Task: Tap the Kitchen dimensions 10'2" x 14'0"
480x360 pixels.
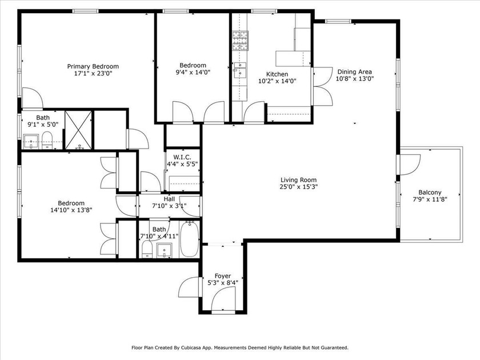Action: (277, 81)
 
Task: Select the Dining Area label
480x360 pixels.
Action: (354, 71)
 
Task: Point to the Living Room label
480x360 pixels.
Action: (298, 179)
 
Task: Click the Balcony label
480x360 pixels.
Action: (430, 193)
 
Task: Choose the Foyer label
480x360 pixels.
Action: (222, 275)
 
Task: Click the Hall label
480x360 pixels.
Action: (169, 199)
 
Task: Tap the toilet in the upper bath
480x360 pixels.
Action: (48, 138)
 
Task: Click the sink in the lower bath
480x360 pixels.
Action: (165, 250)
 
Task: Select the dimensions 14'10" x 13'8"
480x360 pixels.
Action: (71, 210)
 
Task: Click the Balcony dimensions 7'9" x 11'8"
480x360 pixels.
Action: (430, 199)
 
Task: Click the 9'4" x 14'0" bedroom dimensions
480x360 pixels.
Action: (193, 73)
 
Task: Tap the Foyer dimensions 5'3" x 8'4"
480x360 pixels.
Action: (222, 282)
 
